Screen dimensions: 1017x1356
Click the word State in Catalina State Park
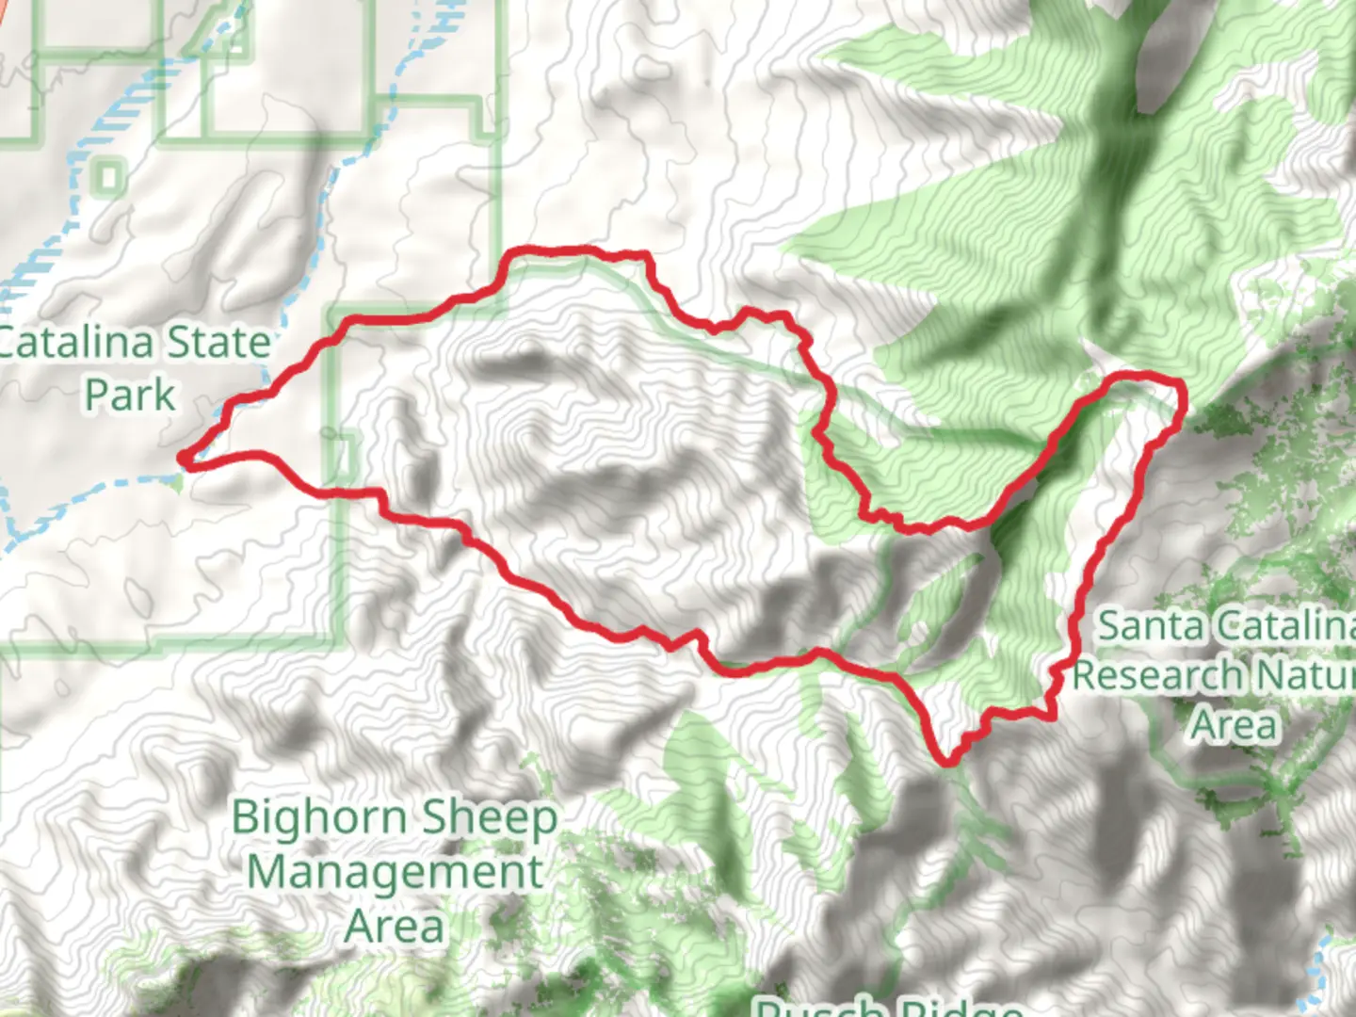pyautogui.click(x=217, y=343)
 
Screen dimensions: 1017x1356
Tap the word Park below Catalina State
pyautogui.click(x=130, y=395)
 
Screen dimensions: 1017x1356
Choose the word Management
pyautogui.click(x=395, y=873)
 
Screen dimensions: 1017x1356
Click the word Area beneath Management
pyautogui.click(x=395, y=927)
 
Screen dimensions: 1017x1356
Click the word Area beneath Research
pyautogui.click(x=1234, y=725)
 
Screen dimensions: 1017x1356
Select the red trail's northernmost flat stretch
pyautogui.click(x=556, y=250)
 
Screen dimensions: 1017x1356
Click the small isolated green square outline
pyautogui.click(x=110, y=176)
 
